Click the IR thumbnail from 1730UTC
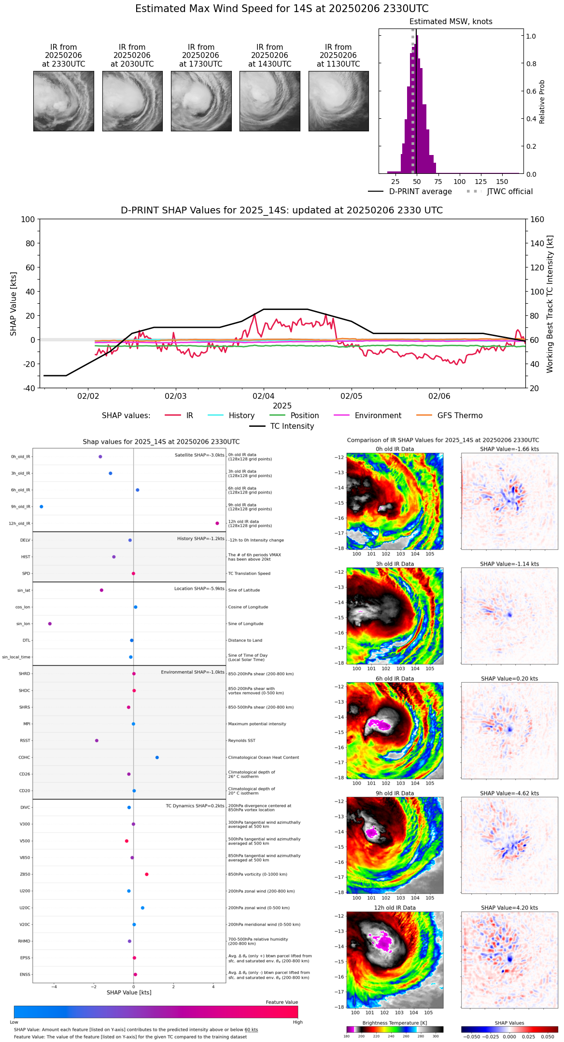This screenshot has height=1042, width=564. point(201,101)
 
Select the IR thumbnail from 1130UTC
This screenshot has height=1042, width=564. point(338,101)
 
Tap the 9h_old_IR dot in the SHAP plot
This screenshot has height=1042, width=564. point(42,507)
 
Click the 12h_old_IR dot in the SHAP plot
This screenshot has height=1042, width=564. point(217,523)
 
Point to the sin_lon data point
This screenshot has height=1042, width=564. point(50,624)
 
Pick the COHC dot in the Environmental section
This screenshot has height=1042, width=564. point(157,758)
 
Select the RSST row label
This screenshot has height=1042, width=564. point(25,741)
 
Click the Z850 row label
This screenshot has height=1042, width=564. point(25,874)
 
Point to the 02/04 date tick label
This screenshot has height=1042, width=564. point(264,396)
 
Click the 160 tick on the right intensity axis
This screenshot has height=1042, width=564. point(537,220)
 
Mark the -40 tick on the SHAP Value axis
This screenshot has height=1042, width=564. point(28,388)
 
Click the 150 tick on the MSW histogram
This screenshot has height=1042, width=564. point(502,182)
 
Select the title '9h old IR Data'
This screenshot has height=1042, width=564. point(395,793)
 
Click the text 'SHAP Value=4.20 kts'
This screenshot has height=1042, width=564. point(509,908)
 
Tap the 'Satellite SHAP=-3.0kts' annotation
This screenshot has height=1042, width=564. point(199,455)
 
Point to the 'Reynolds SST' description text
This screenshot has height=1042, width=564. point(242,741)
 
